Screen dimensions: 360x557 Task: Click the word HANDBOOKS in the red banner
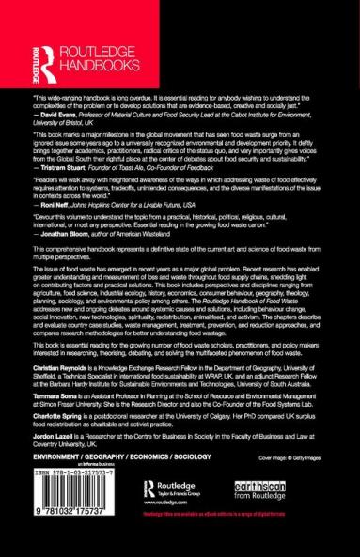(93, 65)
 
